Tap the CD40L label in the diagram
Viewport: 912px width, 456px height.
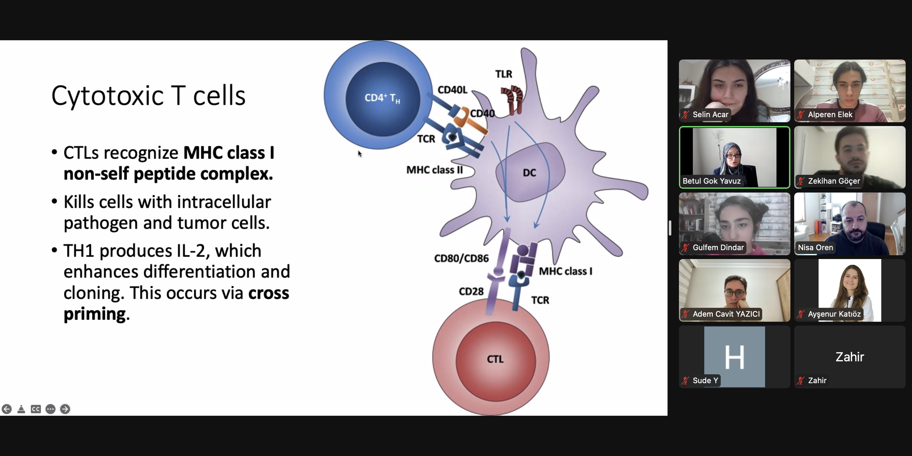[x=452, y=90]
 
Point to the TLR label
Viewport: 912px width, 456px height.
[x=503, y=74]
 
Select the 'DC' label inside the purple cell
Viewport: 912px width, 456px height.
[x=529, y=173]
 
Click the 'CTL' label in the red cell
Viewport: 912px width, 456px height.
[x=495, y=359]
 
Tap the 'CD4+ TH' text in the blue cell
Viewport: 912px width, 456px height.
[x=382, y=98]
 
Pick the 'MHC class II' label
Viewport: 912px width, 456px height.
[x=434, y=170]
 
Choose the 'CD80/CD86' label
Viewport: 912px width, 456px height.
[x=461, y=258]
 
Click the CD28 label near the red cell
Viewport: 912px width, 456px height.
[x=471, y=291]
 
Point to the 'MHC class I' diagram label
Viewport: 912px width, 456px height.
[x=565, y=271]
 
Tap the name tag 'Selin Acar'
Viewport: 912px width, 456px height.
[x=710, y=114]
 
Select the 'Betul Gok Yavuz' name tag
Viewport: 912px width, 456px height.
[x=711, y=181]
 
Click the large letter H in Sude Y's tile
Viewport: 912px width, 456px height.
[x=734, y=357]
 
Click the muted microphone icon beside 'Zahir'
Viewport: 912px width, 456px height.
[x=801, y=381]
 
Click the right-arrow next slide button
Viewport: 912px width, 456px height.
[x=65, y=409]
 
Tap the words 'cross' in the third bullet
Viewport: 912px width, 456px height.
[x=268, y=293]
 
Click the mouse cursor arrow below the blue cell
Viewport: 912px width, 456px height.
[x=360, y=154]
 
